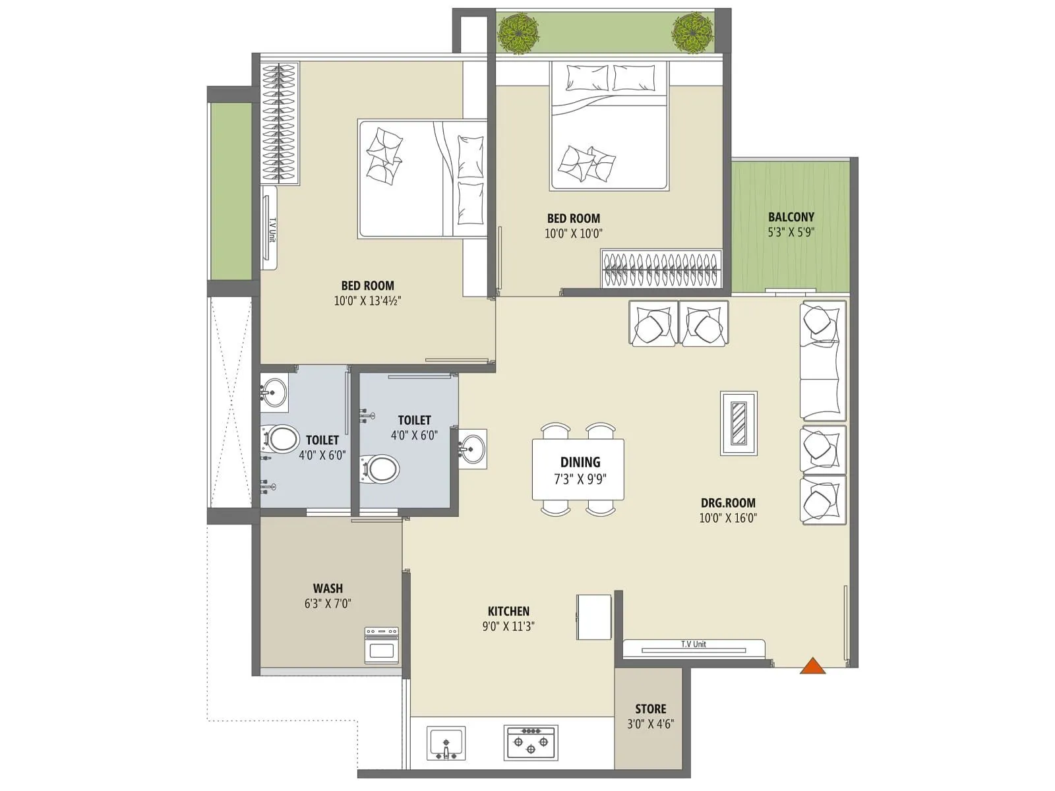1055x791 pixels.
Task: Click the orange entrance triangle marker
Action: click(812, 667)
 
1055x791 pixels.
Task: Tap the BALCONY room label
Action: click(791, 217)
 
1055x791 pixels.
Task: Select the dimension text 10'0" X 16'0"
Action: click(727, 518)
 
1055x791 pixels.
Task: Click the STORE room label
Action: click(650, 709)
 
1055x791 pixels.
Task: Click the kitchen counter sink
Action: click(446, 743)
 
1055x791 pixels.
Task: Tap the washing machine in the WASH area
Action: click(382, 645)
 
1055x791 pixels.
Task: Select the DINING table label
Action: click(580, 462)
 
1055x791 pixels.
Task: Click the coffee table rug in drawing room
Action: click(738, 423)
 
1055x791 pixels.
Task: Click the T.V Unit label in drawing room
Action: click(694, 644)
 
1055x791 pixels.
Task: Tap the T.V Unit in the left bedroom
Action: click(270, 227)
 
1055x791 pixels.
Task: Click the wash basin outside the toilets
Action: click(472, 450)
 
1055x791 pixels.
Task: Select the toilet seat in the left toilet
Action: click(282, 438)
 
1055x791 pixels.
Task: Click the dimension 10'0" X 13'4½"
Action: click(367, 301)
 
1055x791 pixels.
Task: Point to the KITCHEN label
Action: click(508, 611)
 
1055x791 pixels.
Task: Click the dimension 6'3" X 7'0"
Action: click(328, 603)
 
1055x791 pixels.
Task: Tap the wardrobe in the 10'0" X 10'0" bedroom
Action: click(661, 269)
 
